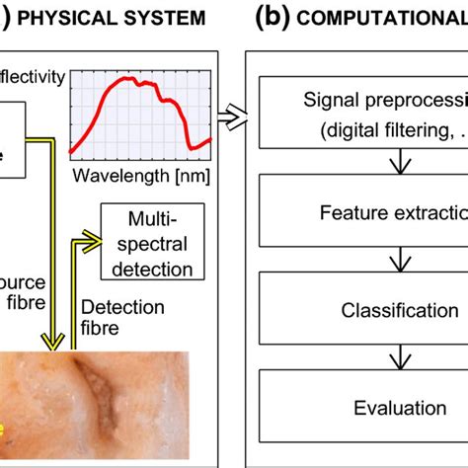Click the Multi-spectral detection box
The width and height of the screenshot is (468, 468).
(150, 242)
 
